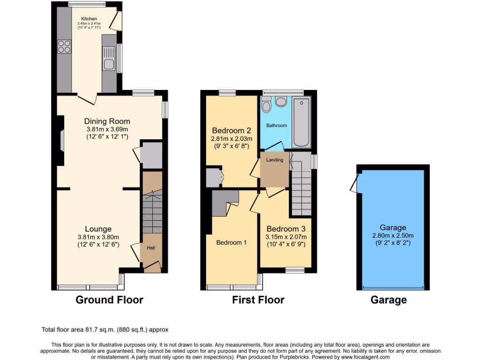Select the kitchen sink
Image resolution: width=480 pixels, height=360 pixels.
109,64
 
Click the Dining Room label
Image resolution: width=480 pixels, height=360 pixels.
107,121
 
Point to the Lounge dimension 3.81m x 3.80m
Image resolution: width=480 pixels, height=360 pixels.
99,237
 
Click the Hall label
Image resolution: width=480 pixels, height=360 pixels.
151,248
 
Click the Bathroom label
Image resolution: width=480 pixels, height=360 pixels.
277,126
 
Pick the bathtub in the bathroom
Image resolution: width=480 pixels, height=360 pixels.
301,123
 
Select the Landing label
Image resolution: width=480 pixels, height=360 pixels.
275,160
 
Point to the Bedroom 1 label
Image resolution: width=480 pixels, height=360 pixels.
232,242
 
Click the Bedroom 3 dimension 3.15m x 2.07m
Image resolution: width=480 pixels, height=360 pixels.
286,237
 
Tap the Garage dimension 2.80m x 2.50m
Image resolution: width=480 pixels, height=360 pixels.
393,236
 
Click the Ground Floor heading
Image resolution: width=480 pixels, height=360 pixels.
109,300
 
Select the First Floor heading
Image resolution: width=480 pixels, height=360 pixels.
258,300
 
